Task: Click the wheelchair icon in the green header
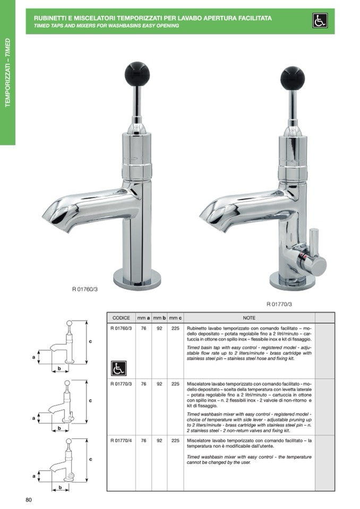click(320, 21)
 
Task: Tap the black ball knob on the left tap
click(137, 70)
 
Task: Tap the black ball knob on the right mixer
click(292, 77)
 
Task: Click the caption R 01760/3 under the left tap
click(85, 289)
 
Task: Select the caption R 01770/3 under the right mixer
click(279, 304)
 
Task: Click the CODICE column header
click(121, 318)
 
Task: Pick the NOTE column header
click(249, 318)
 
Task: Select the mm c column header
click(175, 318)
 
